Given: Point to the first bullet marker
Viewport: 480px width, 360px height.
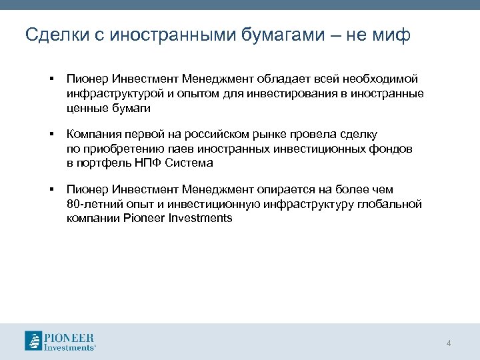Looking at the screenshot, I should [x=51, y=79].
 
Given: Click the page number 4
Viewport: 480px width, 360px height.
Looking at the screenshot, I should [x=449, y=343].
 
